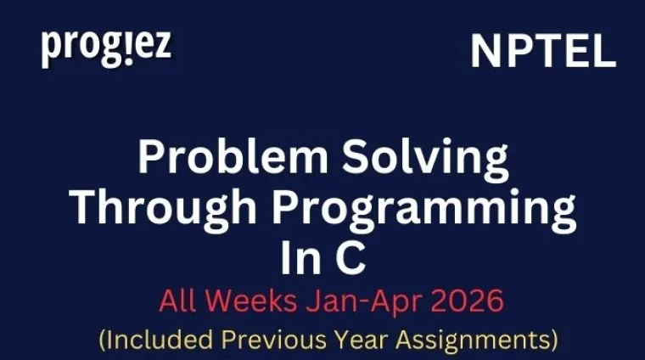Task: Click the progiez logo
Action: click(106, 48)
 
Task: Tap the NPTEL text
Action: click(543, 52)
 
